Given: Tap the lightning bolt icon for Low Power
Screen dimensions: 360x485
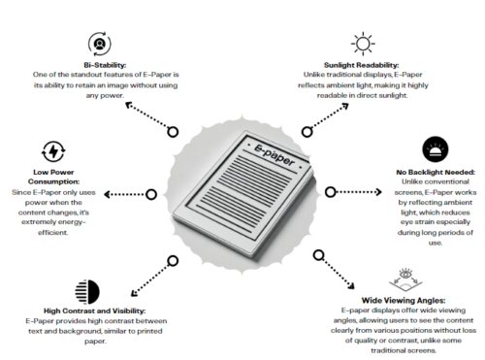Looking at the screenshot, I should pos(53,152).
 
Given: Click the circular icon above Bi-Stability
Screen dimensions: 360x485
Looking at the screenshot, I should pos(98,42).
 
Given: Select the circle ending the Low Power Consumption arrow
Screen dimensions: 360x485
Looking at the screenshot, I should pos(148,195).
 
